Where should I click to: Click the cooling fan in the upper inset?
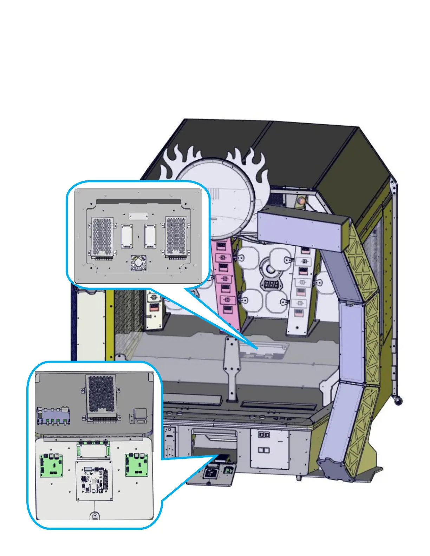138,263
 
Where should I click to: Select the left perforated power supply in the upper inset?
102,236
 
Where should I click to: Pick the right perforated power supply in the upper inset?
176,236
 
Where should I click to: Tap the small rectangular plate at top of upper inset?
138,216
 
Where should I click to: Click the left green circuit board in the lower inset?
51,465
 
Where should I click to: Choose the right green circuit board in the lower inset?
136,464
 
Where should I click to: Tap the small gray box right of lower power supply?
140,415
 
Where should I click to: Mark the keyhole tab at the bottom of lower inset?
95,516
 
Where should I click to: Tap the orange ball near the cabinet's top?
301,201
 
